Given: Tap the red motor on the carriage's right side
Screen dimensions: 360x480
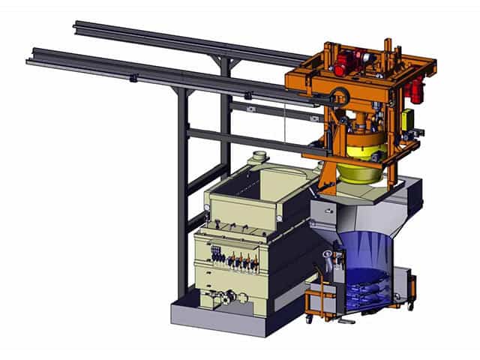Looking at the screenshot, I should (x=415, y=91).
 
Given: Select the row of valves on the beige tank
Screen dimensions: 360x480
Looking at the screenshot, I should (x=238, y=261).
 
